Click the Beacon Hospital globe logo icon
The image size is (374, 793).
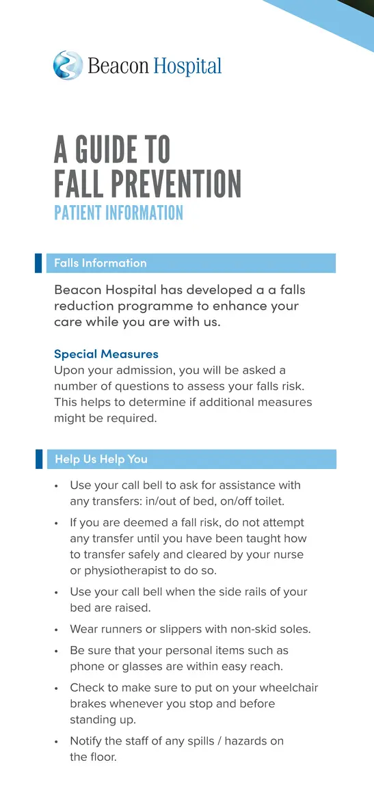click(x=68, y=65)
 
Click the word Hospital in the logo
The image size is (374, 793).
click(x=187, y=66)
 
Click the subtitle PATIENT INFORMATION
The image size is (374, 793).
click(x=118, y=213)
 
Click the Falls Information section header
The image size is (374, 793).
click(x=101, y=263)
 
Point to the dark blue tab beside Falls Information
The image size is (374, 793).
click(x=39, y=263)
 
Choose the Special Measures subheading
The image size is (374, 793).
click(x=106, y=354)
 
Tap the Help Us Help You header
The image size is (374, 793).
click(x=101, y=459)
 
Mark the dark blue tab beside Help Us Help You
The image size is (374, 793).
click(x=39, y=459)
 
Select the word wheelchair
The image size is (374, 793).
click(x=283, y=688)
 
